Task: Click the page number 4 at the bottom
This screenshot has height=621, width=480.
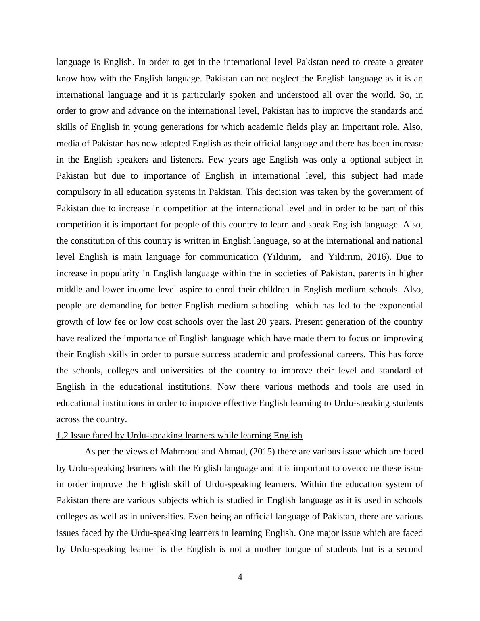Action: tap(240, 577)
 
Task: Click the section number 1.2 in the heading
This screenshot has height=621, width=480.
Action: tap(62, 436)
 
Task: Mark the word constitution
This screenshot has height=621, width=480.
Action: tap(92, 241)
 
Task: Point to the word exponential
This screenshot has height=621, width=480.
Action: tap(398, 306)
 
